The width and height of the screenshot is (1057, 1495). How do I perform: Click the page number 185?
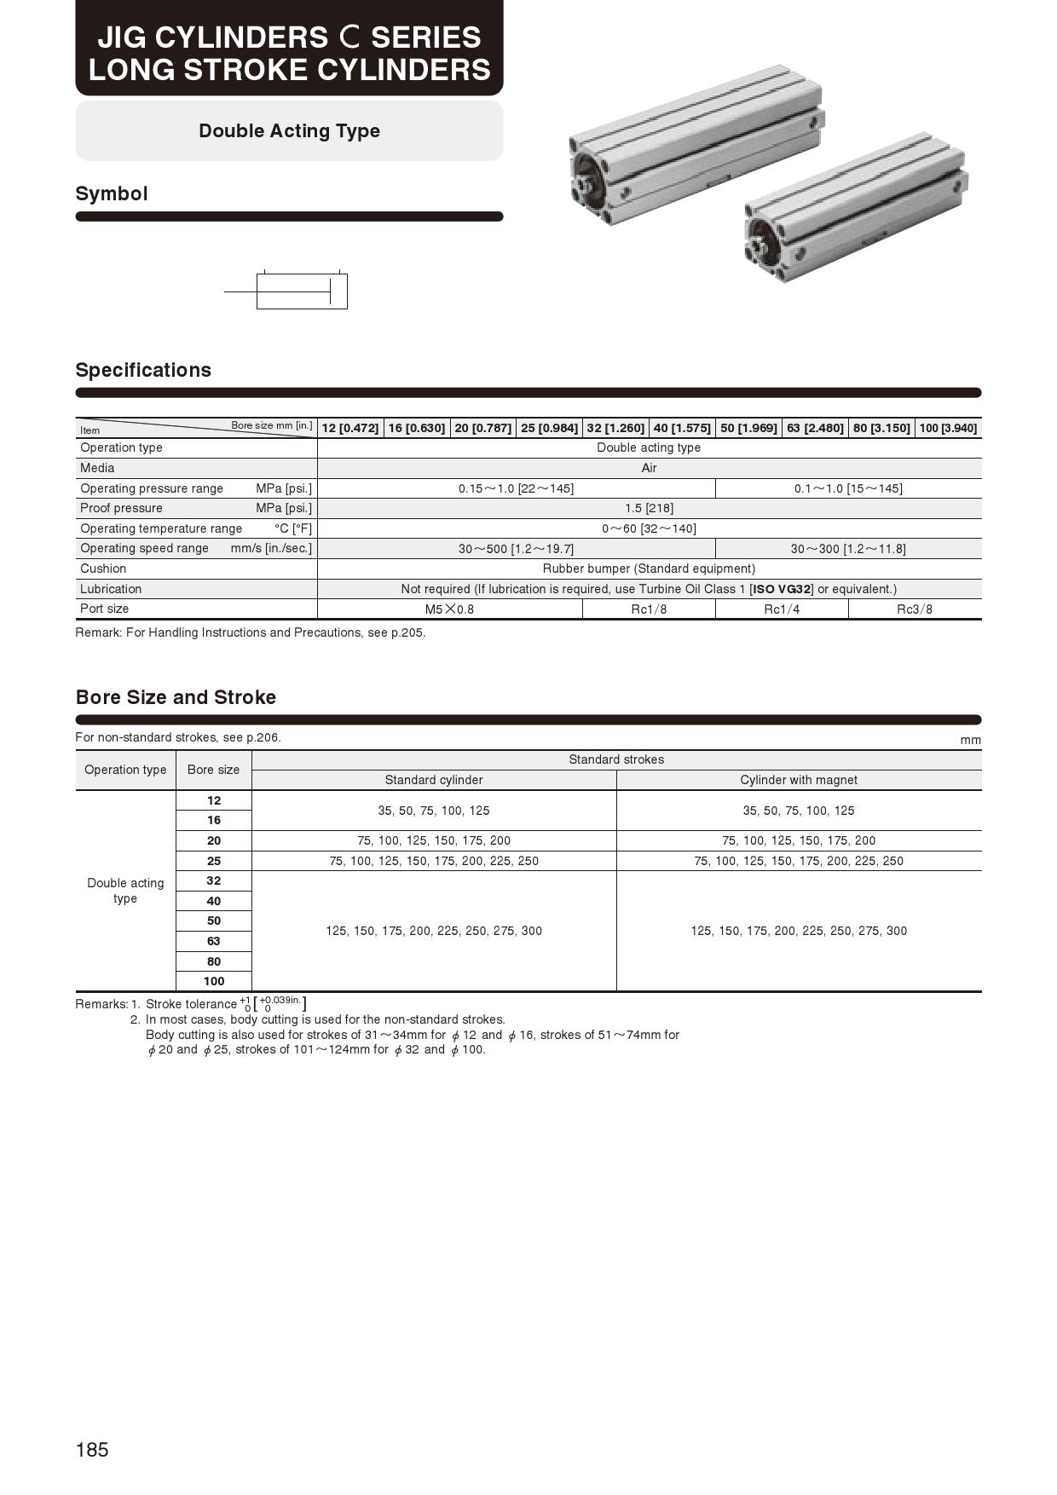[92, 1450]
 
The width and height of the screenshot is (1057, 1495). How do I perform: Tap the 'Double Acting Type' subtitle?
[289, 131]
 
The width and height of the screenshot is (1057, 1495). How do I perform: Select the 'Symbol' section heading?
[112, 193]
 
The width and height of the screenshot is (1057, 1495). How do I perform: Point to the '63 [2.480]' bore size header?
[815, 428]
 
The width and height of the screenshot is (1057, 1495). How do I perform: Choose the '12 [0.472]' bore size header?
[350, 428]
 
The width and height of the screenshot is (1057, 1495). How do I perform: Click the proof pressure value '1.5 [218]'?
[649, 508]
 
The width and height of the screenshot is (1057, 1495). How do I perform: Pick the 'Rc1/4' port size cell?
[782, 609]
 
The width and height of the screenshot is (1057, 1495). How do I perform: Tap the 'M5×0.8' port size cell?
[449, 609]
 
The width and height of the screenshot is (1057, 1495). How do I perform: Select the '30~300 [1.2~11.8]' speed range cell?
[848, 549]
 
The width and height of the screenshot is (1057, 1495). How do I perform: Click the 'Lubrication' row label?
[111, 589]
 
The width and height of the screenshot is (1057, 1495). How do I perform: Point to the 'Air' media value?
[649, 468]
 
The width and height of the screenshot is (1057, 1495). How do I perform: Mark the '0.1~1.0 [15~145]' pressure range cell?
[848, 488]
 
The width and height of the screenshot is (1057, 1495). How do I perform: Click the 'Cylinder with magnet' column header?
[799, 780]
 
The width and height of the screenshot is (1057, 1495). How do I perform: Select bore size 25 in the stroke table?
[214, 861]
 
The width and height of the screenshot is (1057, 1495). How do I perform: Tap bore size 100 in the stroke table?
[214, 981]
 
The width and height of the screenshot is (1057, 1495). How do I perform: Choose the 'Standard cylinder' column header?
[434, 780]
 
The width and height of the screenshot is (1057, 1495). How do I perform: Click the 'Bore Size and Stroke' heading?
[176, 697]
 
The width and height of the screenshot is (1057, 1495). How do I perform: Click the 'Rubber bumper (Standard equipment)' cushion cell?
[649, 569]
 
